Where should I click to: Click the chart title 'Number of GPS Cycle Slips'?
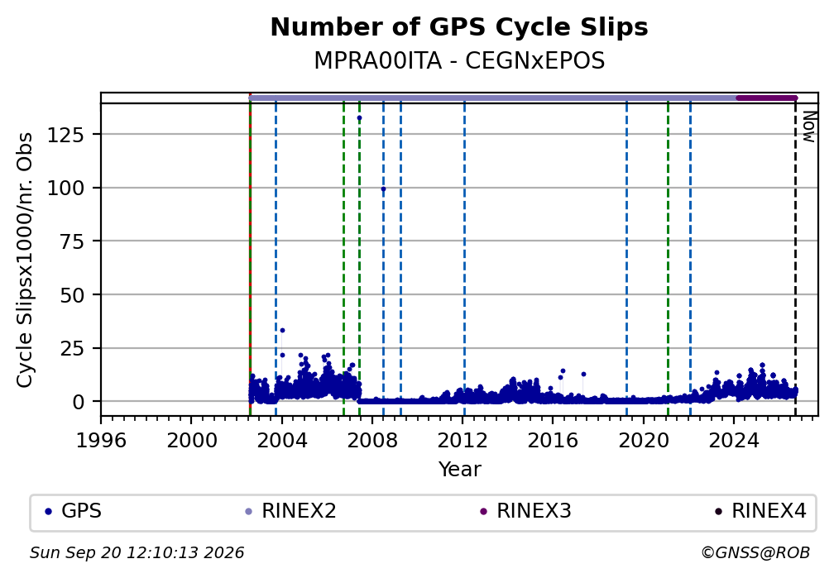tap(459, 27)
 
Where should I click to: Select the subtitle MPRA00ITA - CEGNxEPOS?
tap(459, 60)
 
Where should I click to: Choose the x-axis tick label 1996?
tap(101, 440)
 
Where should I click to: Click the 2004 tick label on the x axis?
tap(282, 440)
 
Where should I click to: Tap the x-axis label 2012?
tap(463, 440)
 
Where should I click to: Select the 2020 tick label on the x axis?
tap(643, 440)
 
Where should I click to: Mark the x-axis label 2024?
tap(733, 440)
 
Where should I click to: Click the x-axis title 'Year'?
tap(459, 469)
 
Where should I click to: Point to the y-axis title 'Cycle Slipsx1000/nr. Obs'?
tap(25, 260)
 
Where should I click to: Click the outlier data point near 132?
tap(360, 118)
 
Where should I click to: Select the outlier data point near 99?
tap(383, 189)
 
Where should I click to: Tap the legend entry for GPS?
tap(74, 511)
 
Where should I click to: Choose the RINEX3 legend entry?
tap(526, 511)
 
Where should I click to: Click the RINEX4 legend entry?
tap(760, 511)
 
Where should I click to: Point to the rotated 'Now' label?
tap(808, 127)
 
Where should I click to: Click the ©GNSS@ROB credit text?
tap(755, 553)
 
